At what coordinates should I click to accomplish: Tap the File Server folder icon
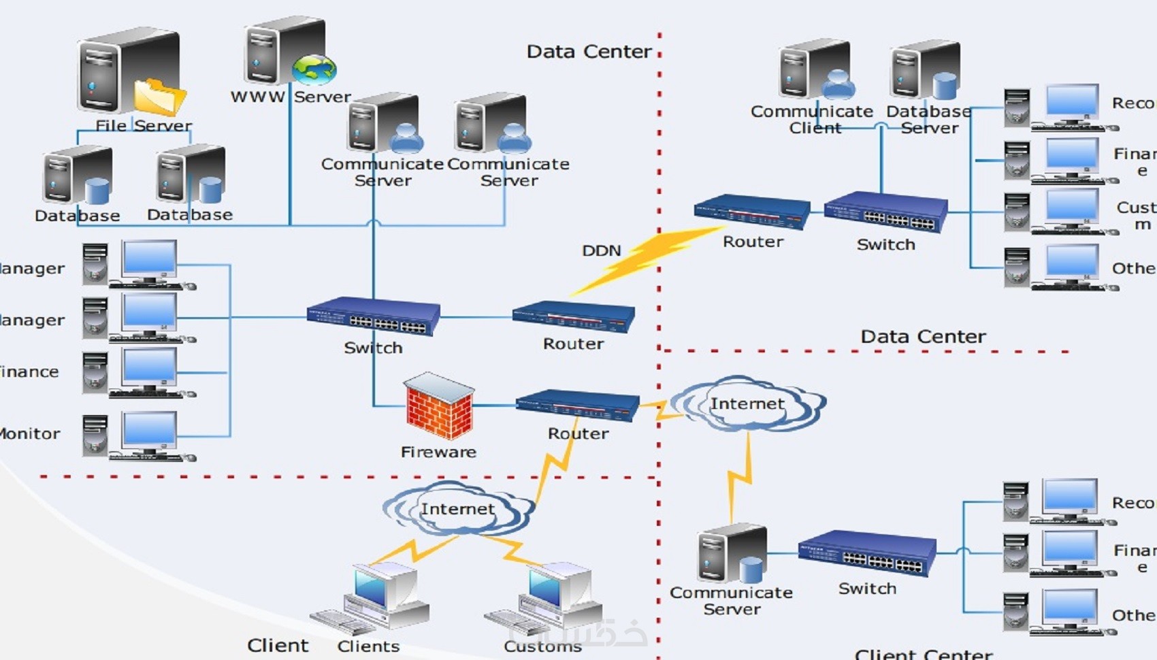coord(159,96)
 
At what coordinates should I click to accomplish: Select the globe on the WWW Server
coord(314,69)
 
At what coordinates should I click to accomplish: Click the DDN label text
coord(602,250)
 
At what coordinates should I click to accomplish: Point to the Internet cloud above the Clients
coord(457,509)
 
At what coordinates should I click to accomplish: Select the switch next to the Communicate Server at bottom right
coord(867,552)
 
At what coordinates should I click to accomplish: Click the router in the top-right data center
coord(752,212)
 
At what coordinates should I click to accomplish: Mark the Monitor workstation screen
coord(150,430)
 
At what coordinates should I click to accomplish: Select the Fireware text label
coord(438,452)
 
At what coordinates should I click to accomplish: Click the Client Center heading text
coord(924,654)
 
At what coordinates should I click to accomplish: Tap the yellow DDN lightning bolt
coord(643,259)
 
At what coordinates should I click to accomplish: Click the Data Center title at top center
coord(589,52)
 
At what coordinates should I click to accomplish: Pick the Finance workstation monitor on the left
coord(150,367)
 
